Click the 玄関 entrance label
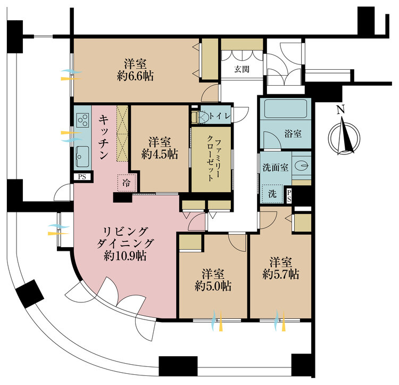(x=243, y=70)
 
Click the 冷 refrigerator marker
(x=126, y=183)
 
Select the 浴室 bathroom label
(x=293, y=134)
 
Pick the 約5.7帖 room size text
(x=280, y=274)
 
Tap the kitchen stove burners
(x=82, y=121)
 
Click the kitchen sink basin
(x=82, y=156)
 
